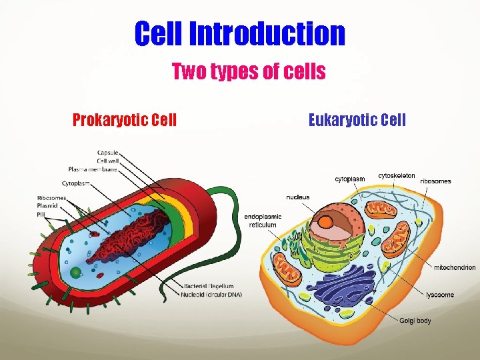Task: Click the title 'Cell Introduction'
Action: pyautogui.click(x=240, y=33)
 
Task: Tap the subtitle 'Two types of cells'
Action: pyautogui.click(x=249, y=71)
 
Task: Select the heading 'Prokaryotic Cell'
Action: pyautogui.click(x=125, y=120)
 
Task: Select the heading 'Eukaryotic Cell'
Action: pyautogui.click(x=357, y=120)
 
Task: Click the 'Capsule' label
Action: pyautogui.click(x=108, y=153)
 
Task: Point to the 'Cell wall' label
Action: pyautogui.click(x=108, y=161)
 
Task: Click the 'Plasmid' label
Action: pyautogui.click(x=48, y=205)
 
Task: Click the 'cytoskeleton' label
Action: pyautogui.click(x=397, y=176)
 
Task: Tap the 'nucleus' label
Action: pyautogui.click(x=298, y=197)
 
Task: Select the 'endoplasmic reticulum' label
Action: pyautogui.click(x=263, y=221)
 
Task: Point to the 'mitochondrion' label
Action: pyautogui.click(x=455, y=268)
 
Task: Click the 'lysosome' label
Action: pyautogui.click(x=440, y=295)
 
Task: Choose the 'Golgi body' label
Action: pyautogui.click(x=415, y=321)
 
